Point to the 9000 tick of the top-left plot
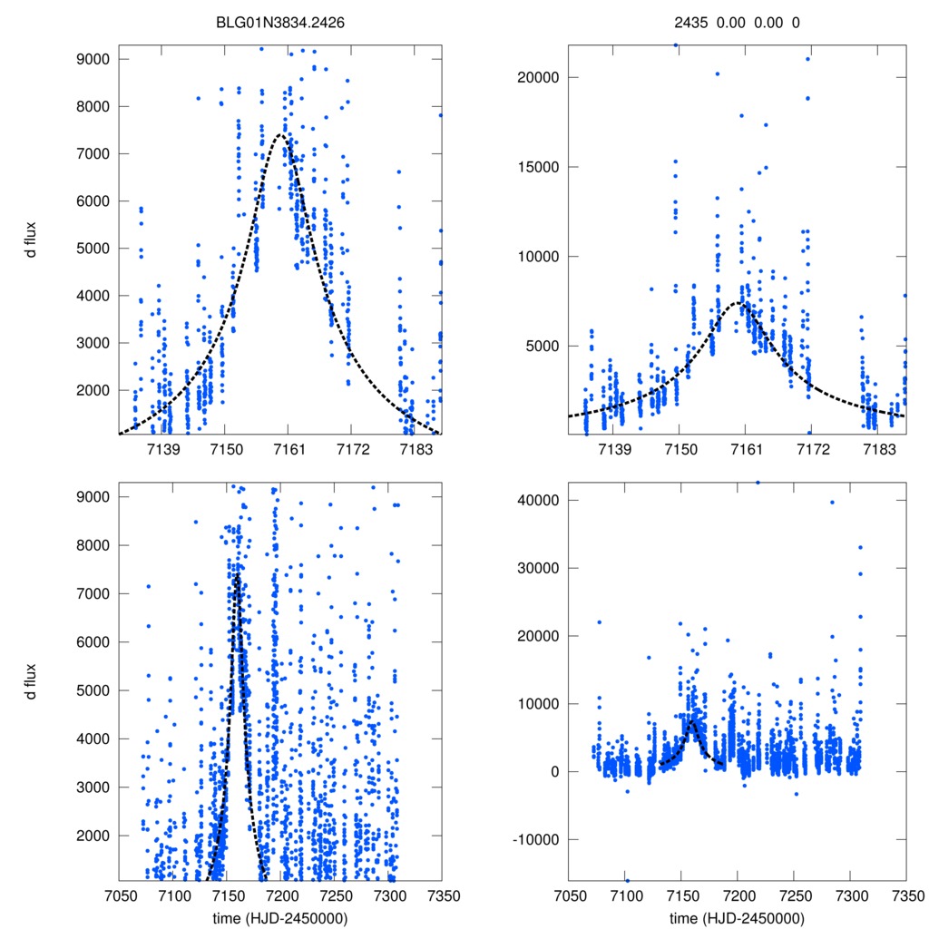point(93,59)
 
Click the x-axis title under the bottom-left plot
point(280,917)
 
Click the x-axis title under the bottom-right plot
point(737,917)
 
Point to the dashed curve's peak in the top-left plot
point(281,134)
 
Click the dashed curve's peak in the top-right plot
point(742,303)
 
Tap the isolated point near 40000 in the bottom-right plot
point(832,503)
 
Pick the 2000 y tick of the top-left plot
point(93,390)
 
